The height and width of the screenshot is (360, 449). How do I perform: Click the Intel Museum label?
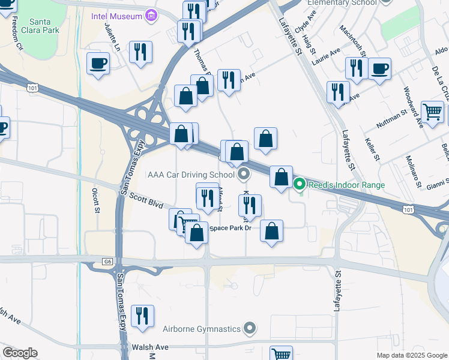point(116,15)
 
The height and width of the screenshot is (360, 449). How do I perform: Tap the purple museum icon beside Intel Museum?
point(151,14)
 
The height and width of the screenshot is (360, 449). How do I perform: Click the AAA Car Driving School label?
point(191,175)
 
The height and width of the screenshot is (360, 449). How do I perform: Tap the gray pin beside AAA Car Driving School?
point(244,175)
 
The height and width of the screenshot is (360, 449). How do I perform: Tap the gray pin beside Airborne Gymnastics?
point(249,328)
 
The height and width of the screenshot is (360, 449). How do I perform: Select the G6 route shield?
point(107,262)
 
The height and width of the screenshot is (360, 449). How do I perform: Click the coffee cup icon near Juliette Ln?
point(98,63)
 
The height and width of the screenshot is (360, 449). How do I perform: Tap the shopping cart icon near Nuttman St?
point(432,111)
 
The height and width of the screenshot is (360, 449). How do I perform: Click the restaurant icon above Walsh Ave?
point(142,316)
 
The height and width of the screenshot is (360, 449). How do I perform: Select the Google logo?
point(20,353)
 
